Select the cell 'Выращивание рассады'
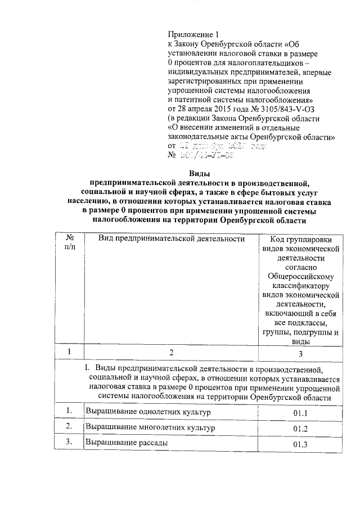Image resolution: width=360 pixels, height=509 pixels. (126, 443)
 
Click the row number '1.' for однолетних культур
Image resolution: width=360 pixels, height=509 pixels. (69, 412)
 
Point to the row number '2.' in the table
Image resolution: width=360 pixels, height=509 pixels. (69, 427)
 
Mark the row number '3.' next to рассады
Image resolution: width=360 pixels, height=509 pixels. (69, 443)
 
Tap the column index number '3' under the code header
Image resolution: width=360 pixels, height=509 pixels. (301, 354)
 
